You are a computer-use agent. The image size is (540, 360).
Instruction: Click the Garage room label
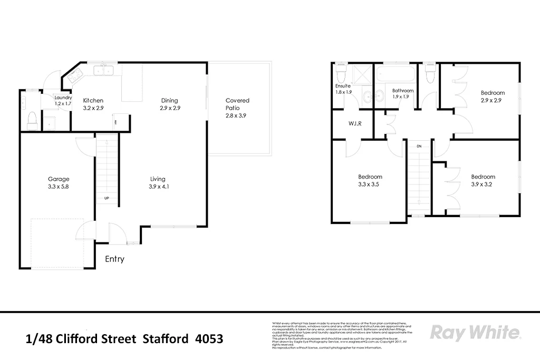59,179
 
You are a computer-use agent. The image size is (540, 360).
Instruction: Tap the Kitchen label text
93,100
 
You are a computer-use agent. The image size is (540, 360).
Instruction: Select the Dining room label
170,100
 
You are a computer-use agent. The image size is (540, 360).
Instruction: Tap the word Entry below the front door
114,259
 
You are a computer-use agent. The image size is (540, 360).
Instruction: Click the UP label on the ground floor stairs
107,199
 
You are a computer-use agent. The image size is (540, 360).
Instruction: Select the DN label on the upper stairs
419,146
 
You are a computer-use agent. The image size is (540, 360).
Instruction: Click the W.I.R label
354,124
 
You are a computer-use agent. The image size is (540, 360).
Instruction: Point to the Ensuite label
343,85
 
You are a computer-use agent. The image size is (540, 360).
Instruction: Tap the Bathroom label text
403,90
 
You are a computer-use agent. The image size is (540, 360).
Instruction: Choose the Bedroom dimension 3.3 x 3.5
370,184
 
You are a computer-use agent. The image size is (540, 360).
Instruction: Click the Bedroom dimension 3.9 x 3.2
483,184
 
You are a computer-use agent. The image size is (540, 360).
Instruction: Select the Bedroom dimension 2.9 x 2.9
492,100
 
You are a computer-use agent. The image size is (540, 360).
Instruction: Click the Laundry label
63,97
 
